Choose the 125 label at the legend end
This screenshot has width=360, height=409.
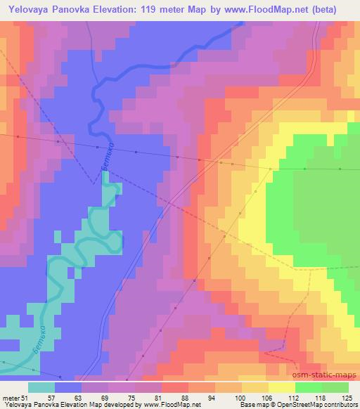(347, 379)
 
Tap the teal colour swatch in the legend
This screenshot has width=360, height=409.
(41, 387)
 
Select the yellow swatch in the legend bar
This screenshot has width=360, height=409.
(281, 387)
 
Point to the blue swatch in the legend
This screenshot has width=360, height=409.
(69, 387)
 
